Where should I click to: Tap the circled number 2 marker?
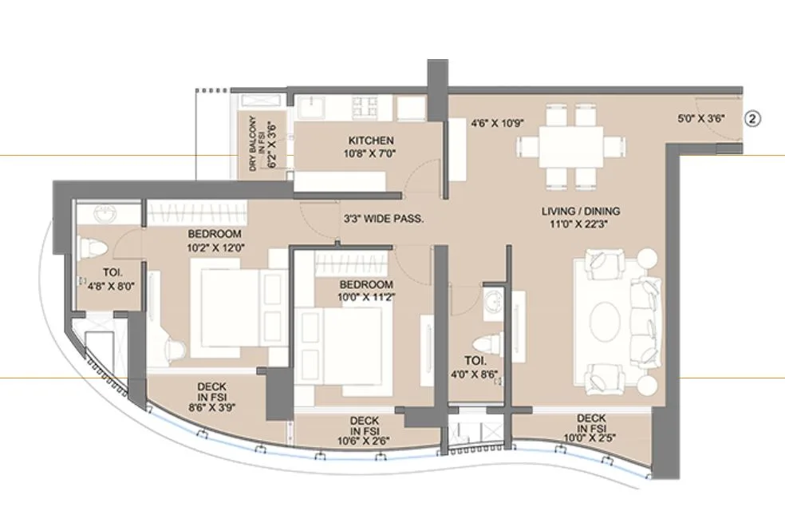click(753, 119)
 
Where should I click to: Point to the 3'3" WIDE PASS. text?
click(383, 217)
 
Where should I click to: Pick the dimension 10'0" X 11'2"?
click(366, 296)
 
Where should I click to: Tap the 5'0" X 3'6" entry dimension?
click(700, 119)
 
